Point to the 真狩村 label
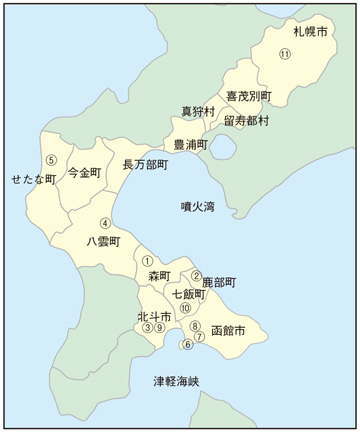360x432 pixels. (198, 111)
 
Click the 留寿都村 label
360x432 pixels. (246, 120)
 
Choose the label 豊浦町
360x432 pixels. (190, 145)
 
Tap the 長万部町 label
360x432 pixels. (144, 165)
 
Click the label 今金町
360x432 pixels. (84, 172)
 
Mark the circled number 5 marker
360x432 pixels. (51, 160)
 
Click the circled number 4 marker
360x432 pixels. (104, 223)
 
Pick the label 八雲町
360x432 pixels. (103, 242)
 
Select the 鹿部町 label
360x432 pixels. (218, 283)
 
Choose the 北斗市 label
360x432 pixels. (154, 317)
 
